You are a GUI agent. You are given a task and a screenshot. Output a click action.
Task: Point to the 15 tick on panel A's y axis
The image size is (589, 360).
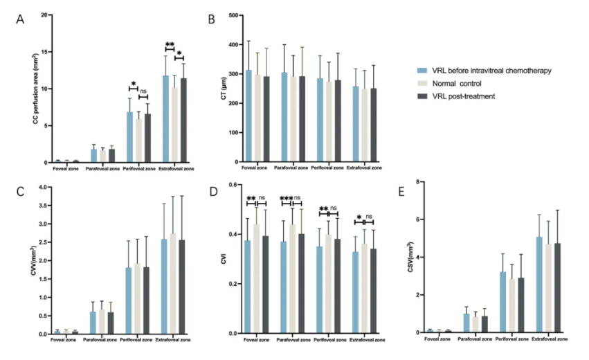[x=45, y=52]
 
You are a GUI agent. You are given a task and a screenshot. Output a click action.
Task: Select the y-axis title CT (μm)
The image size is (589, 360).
[x=222, y=89]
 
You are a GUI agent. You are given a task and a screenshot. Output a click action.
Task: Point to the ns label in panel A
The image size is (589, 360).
[x=143, y=91]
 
